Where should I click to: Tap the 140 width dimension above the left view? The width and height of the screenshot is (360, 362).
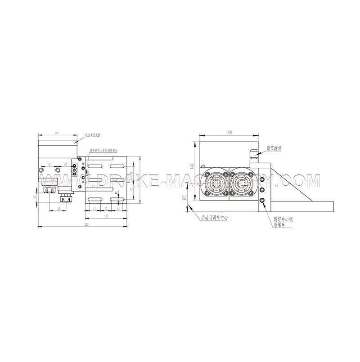click(57, 133)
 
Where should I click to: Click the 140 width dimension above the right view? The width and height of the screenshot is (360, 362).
click(229, 133)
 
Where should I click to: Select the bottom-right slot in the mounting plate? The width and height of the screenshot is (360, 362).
click(118, 199)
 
